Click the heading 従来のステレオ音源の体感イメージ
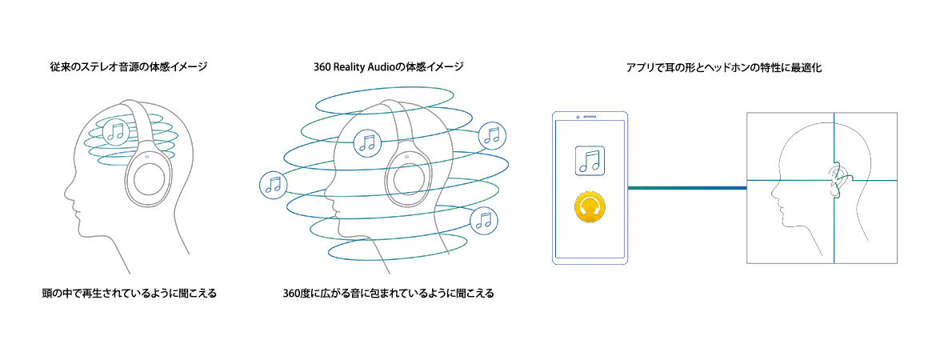[x=128, y=67]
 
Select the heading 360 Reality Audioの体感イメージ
[x=389, y=67]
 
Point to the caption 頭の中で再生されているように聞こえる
[x=129, y=293]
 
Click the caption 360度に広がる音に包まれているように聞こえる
[x=388, y=293]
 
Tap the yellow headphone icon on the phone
[x=590, y=209]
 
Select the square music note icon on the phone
[x=590, y=160]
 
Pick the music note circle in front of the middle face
[x=274, y=185]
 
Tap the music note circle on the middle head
[x=366, y=142]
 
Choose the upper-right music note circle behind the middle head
[x=491, y=135]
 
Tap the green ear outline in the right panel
[x=837, y=181]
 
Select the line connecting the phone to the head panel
[x=687, y=188]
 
